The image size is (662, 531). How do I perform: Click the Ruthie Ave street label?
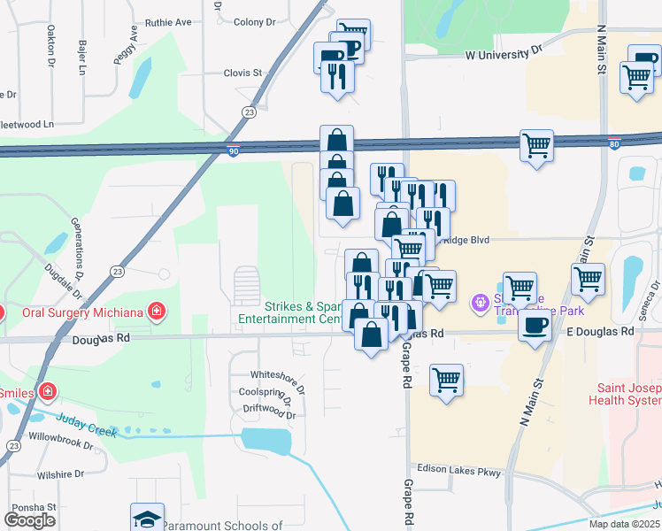tap(168, 22)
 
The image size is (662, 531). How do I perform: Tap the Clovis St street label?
tap(243, 73)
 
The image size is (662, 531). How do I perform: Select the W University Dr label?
tap(503, 54)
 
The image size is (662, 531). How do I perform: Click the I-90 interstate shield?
tap(233, 151)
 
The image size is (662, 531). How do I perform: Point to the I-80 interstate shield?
tap(614, 141)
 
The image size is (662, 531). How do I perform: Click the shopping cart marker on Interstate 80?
tap(536, 145)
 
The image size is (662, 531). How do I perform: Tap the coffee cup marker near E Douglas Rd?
tap(535, 325)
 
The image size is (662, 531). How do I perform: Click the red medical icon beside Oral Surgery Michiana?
tap(156, 311)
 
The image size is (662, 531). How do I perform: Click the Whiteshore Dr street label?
tap(277, 375)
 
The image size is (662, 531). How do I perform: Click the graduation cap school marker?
tap(147, 518)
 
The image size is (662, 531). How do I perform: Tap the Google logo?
tap(30, 519)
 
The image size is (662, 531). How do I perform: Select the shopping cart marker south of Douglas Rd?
tap(446, 381)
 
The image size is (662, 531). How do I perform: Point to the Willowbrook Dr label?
tap(61, 446)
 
